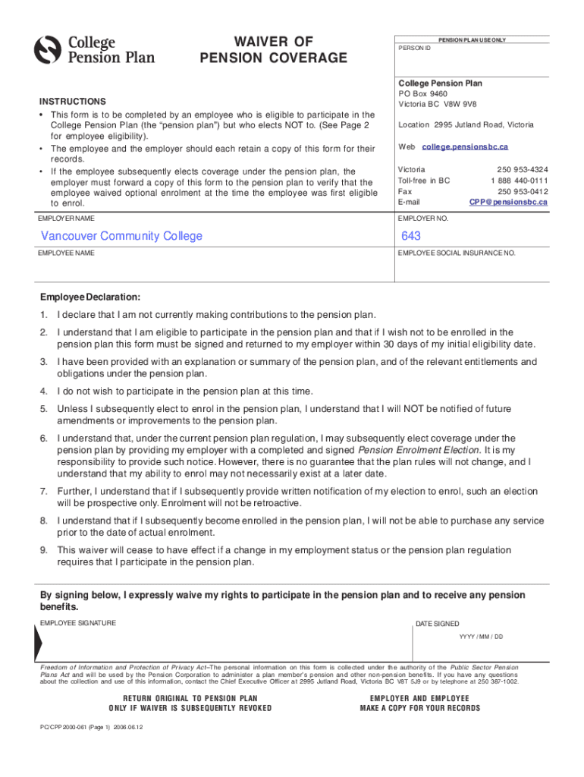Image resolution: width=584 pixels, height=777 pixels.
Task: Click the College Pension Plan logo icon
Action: click(49, 50)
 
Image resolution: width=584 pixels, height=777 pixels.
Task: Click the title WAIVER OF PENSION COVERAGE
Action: click(273, 49)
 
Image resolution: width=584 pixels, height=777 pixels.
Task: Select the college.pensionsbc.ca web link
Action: click(465, 146)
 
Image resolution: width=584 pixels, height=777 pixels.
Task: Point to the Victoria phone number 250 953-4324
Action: click(523, 169)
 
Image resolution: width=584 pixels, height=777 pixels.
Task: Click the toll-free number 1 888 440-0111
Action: click(519, 181)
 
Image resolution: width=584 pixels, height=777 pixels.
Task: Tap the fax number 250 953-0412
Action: click(523, 191)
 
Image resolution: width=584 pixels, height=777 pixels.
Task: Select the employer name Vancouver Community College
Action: click(121, 236)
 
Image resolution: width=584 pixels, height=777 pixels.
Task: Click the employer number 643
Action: click(411, 236)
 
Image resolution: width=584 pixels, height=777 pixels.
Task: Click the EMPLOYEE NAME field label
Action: click(66, 253)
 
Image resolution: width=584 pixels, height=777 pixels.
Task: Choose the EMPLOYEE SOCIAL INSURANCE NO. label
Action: click(457, 253)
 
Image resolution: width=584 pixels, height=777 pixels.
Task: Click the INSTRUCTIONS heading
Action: click(73, 102)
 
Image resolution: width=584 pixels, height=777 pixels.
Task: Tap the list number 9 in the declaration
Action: click(44, 550)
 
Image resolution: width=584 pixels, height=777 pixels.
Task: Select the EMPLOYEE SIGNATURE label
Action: click(78, 623)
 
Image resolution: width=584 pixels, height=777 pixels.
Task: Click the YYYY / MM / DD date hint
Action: click(481, 637)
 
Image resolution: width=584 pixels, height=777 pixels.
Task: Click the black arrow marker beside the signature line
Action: click(37, 645)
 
